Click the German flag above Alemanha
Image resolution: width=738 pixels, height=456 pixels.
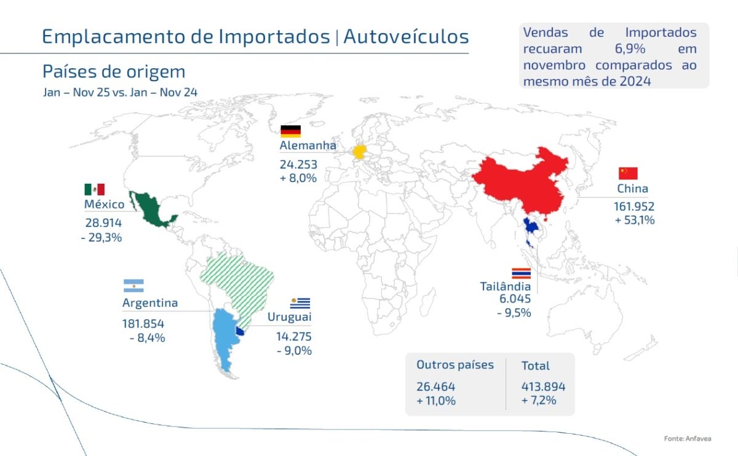tap(290, 131)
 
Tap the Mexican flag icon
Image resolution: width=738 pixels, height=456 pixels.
tap(95, 189)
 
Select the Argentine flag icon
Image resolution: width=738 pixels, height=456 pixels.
tap(133, 286)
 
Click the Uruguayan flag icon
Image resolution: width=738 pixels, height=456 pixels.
tap(300, 303)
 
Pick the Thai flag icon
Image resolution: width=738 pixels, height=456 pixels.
tap(522, 273)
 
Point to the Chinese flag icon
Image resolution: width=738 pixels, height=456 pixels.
tap(628, 173)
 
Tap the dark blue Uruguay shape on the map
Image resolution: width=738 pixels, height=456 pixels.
tap(240, 331)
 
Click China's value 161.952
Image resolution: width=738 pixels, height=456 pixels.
tap(634, 206)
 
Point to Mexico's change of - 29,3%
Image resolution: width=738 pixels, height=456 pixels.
tap(101, 237)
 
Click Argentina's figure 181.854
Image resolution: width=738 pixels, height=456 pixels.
tap(143, 324)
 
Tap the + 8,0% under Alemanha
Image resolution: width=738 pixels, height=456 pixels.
tap(298, 178)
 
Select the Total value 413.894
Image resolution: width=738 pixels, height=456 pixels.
tap(543, 387)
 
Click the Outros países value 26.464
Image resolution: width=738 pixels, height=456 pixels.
tap(435, 387)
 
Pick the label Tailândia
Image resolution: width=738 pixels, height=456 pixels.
tap(506, 286)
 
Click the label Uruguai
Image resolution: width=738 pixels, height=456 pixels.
tap(289, 316)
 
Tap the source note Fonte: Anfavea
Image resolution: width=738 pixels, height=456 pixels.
tap(688, 439)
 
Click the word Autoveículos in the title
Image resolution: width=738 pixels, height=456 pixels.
tap(406, 36)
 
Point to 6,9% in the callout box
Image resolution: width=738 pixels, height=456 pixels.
tap(630, 49)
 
